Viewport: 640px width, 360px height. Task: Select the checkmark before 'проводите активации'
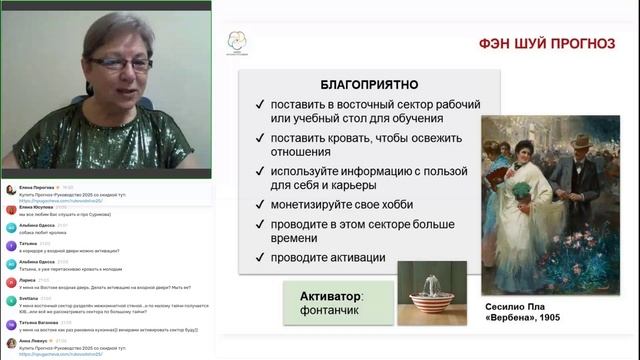[260, 258]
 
